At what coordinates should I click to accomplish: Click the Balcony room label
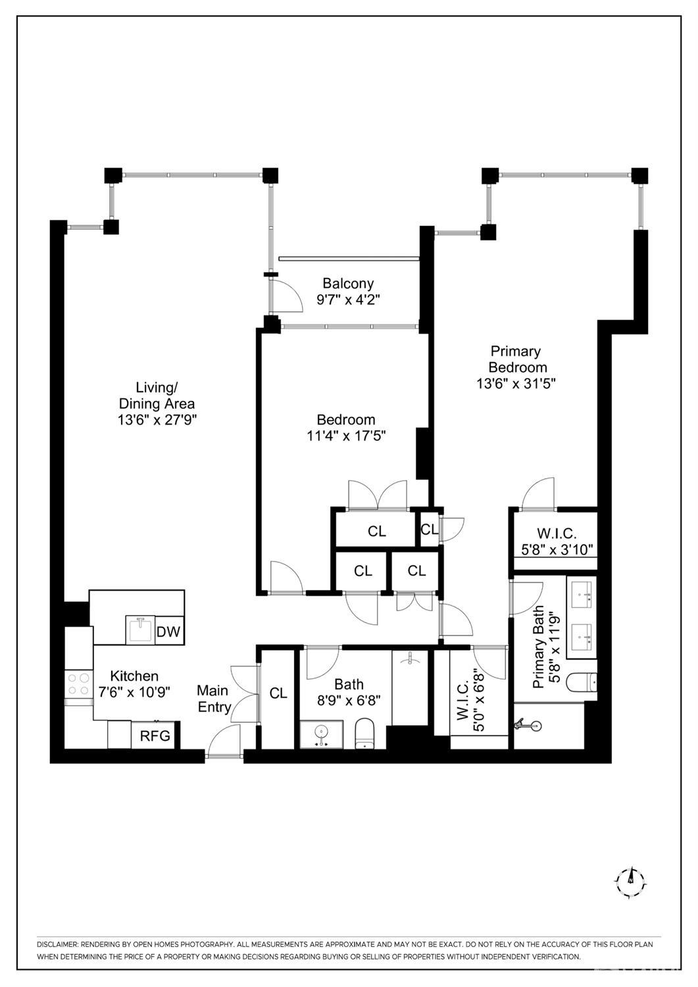pos(348,283)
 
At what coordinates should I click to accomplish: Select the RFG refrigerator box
pos(155,735)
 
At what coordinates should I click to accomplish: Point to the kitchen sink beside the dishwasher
pos(141,630)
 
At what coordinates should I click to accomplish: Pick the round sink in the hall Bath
pos(322,734)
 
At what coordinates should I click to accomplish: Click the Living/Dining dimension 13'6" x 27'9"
pos(157,420)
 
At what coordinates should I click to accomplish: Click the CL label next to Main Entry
pos(278,693)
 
